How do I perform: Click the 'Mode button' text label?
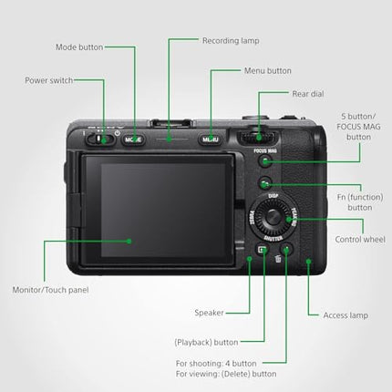coord(79,46)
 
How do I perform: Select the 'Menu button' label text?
coord(267,70)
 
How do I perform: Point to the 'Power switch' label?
coord(48,79)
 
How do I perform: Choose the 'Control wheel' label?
coord(359,238)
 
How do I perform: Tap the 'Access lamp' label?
coord(346,315)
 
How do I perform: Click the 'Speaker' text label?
coord(209,313)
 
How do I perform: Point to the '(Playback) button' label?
coord(206,342)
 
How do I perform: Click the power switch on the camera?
coord(102,139)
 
